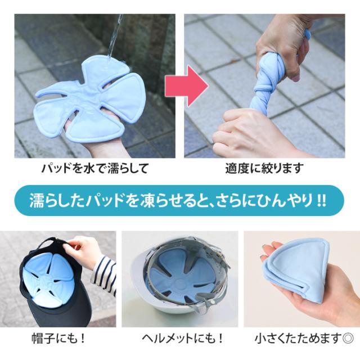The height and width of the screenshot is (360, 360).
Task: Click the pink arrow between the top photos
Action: (x=186, y=86)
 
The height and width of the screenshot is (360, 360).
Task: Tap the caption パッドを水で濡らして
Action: (x=94, y=168)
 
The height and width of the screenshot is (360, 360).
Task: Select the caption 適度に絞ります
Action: (x=264, y=168)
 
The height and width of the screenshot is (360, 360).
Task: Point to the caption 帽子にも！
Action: (x=58, y=339)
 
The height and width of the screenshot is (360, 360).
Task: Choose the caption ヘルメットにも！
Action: (x=182, y=339)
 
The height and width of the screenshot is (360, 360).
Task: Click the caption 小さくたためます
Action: (x=298, y=339)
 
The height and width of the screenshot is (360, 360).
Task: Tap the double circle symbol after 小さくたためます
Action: (x=348, y=339)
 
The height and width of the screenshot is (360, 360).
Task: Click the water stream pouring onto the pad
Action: (x=115, y=37)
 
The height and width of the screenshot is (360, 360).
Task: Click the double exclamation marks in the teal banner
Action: (x=322, y=201)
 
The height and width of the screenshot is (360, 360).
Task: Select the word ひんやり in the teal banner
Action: (x=287, y=200)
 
